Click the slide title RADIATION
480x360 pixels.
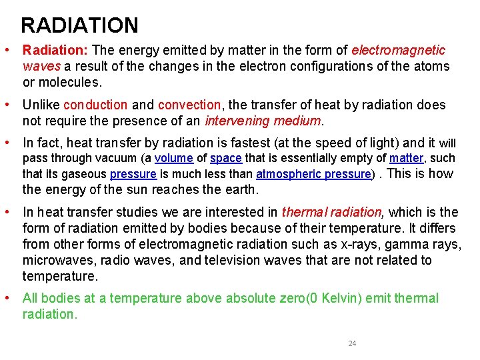(79, 25)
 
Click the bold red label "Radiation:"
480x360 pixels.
(56, 51)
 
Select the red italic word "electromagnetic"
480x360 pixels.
(399, 51)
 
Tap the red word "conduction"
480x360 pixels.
(95, 105)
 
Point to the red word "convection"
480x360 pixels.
(189, 105)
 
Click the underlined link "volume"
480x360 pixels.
(173, 159)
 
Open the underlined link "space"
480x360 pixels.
(225, 159)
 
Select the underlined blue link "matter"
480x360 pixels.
(406, 159)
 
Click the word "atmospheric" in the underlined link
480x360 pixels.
(289, 175)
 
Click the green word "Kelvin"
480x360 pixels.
(341, 299)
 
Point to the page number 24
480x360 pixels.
(352, 343)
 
